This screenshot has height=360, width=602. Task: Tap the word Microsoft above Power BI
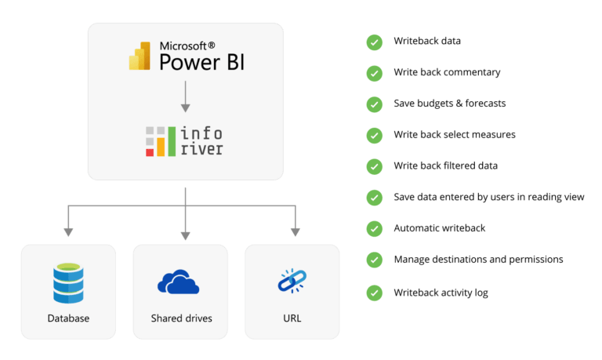pos(182,45)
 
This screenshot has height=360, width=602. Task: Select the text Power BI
pos(201,62)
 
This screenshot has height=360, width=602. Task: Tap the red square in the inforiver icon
pos(150,151)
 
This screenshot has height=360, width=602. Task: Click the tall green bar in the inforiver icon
pos(172,140)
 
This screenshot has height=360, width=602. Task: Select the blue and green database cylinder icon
pos(68,283)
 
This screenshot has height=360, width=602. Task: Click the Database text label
pos(68,318)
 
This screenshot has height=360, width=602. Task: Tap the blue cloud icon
pos(181,282)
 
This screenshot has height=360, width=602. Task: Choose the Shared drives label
pos(181,318)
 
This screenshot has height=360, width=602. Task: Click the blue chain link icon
pos(292,280)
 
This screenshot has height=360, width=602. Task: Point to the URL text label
pos(292,318)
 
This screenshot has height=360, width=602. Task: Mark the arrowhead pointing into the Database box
pos(68,231)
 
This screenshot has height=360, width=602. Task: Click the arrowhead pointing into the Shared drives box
pos(186,234)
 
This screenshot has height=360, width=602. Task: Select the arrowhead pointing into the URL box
pos(296,231)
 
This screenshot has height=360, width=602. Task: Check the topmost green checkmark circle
pos(375,42)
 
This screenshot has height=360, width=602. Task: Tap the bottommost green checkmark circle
pos(375,293)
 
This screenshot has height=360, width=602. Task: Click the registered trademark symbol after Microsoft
pos(211,45)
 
